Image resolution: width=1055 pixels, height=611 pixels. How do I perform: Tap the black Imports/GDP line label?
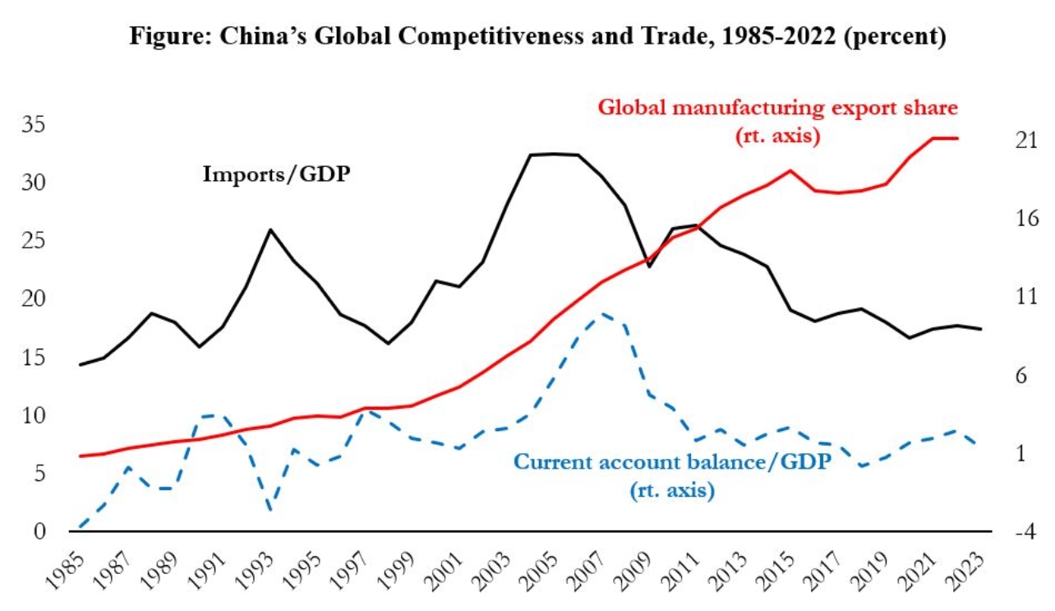[x=271, y=174]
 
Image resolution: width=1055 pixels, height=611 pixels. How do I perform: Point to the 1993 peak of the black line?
[x=270, y=230]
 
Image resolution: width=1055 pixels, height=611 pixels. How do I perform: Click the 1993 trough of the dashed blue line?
[x=270, y=510]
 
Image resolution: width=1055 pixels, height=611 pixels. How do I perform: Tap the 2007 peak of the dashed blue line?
[x=603, y=313]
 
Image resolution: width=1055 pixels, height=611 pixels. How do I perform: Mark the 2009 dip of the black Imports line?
[x=650, y=266]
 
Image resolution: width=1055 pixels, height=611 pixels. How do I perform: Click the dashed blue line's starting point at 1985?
[x=81, y=527]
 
